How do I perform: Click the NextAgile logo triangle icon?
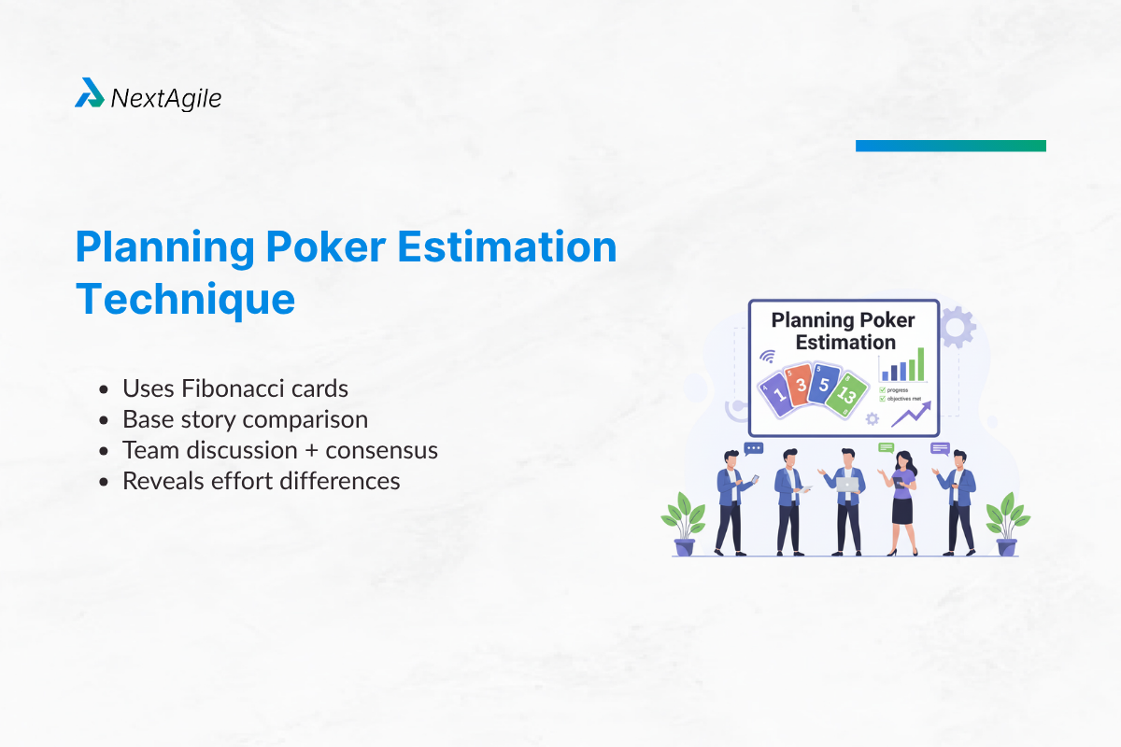coord(89,93)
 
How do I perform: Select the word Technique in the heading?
coord(185,298)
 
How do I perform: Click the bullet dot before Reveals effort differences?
coord(105,482)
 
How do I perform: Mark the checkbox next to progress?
coord(883,389)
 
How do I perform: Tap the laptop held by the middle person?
coord(848,485)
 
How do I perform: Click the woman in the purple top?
coord(902,500)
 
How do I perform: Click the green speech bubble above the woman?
coord(887,448)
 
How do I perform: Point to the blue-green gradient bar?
coord(950,146)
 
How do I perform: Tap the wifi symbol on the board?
coord(768,356)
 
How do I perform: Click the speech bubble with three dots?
coord(754,448)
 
